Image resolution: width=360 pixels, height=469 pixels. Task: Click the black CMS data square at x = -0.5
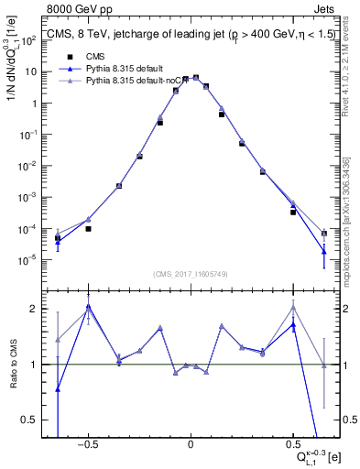88,228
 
